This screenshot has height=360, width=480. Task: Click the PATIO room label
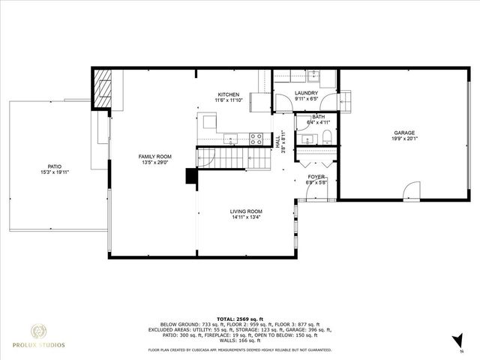54,166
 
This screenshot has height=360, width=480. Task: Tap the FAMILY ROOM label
154,156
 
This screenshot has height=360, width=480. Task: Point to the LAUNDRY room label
306,93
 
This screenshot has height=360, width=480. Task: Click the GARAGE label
404,133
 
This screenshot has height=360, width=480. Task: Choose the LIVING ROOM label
245,212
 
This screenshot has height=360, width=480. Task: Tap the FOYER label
314,176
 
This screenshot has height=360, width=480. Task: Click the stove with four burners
256,139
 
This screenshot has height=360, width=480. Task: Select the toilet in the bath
328,136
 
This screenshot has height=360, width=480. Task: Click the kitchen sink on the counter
232,138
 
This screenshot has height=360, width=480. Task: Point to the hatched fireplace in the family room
103,89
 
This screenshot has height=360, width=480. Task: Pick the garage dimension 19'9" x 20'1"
404,139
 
